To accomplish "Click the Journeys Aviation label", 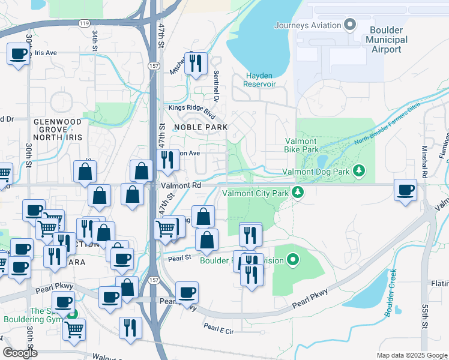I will click(307, 25).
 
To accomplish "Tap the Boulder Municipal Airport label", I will click(386, 40).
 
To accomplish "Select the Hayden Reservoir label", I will click(260, 80).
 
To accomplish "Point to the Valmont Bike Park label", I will click(301, 145).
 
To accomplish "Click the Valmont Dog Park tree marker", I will click(359, 172).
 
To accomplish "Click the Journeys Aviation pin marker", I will click(351, 25).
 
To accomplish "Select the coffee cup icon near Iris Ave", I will click(19, 55).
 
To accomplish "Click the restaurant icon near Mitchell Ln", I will click(195, 63).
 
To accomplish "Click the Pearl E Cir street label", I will click(218, 328).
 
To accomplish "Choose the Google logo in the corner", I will click(20, 353).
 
